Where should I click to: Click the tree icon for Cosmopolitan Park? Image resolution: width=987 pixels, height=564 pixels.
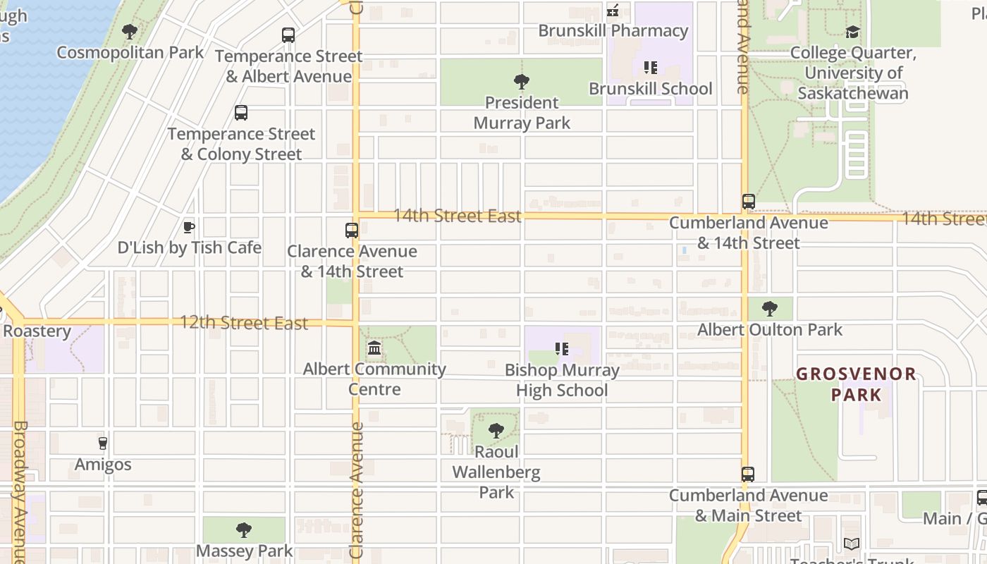coord(130,32)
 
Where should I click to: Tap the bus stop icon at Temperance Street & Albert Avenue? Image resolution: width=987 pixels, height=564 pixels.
coord(288,35)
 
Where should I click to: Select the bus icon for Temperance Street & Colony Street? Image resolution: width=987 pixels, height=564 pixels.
coord(241,113)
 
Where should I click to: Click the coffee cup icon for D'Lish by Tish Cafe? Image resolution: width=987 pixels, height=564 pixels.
coord(188,227)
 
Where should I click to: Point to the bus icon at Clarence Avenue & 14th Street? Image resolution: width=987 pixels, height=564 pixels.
coord(351,231)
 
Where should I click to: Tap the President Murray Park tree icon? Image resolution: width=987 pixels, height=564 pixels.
coord(522,82)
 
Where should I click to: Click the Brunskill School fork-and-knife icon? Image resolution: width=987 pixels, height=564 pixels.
coord(650,68)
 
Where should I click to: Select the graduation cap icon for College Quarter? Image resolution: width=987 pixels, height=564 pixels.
coord(853,32)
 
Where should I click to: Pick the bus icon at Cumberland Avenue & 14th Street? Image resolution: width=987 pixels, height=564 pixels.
coord(749,202)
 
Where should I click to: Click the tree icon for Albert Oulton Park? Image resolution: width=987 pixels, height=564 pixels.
coord(770,309)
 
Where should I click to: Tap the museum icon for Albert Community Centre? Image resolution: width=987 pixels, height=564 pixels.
coord(374,348)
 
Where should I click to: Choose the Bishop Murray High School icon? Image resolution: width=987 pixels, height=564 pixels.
coord(561,349)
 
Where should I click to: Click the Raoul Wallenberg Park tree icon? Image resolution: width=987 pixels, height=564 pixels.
coord(496,431)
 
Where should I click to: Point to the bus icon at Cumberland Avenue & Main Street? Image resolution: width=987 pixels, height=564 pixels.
coord(748,474)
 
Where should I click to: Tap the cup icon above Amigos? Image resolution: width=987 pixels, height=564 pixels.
coord(103,443)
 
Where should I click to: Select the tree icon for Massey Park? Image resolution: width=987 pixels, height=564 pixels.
coord(244,530)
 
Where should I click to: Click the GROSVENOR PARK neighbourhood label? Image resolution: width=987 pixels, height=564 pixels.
coord(856,384)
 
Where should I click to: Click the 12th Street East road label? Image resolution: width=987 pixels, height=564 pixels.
coord(244,323)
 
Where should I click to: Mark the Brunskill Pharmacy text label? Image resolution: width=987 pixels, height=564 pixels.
coord(613,31)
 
